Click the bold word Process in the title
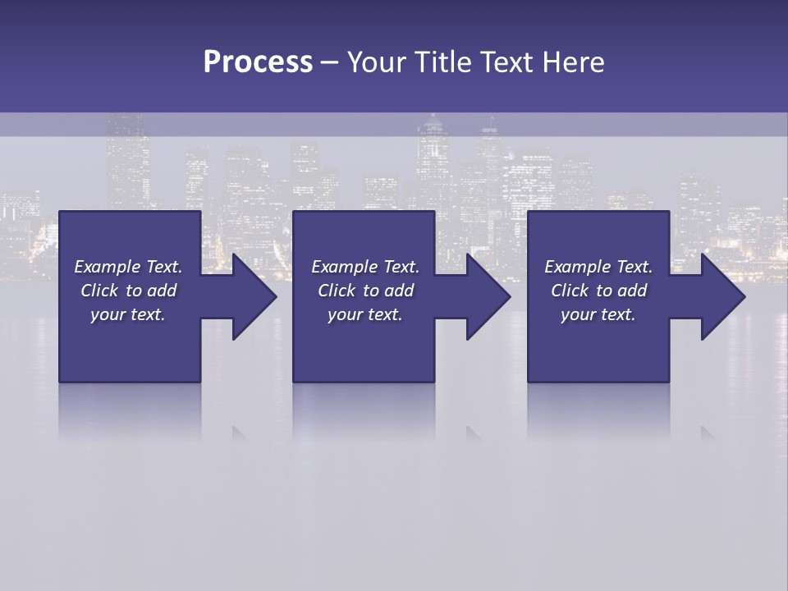258,62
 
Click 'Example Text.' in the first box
128,267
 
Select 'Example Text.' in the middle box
365,267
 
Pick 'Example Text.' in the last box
598,267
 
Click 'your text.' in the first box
128,314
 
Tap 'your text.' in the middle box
365,314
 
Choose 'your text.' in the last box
598,314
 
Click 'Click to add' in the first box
128,291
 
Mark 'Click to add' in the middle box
365,291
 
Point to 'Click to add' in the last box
598,291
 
